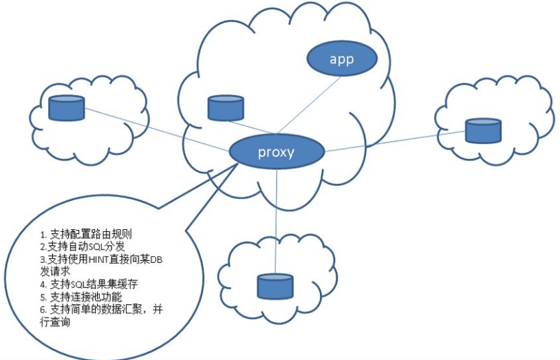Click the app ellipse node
click(x=341, y=59)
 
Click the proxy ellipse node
click(x=276, y=152)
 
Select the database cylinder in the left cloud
click(x=67, y=107)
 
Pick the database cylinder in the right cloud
click(x=483, y=129)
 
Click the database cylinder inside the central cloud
click(x=226, y=107)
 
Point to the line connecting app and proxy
click(x=310, y=104)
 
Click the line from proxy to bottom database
click(x=276, y=220)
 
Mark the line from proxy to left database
click(x=158, y=129)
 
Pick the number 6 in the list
click(x=43, y=310)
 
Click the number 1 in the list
click(x=43, y=234)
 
